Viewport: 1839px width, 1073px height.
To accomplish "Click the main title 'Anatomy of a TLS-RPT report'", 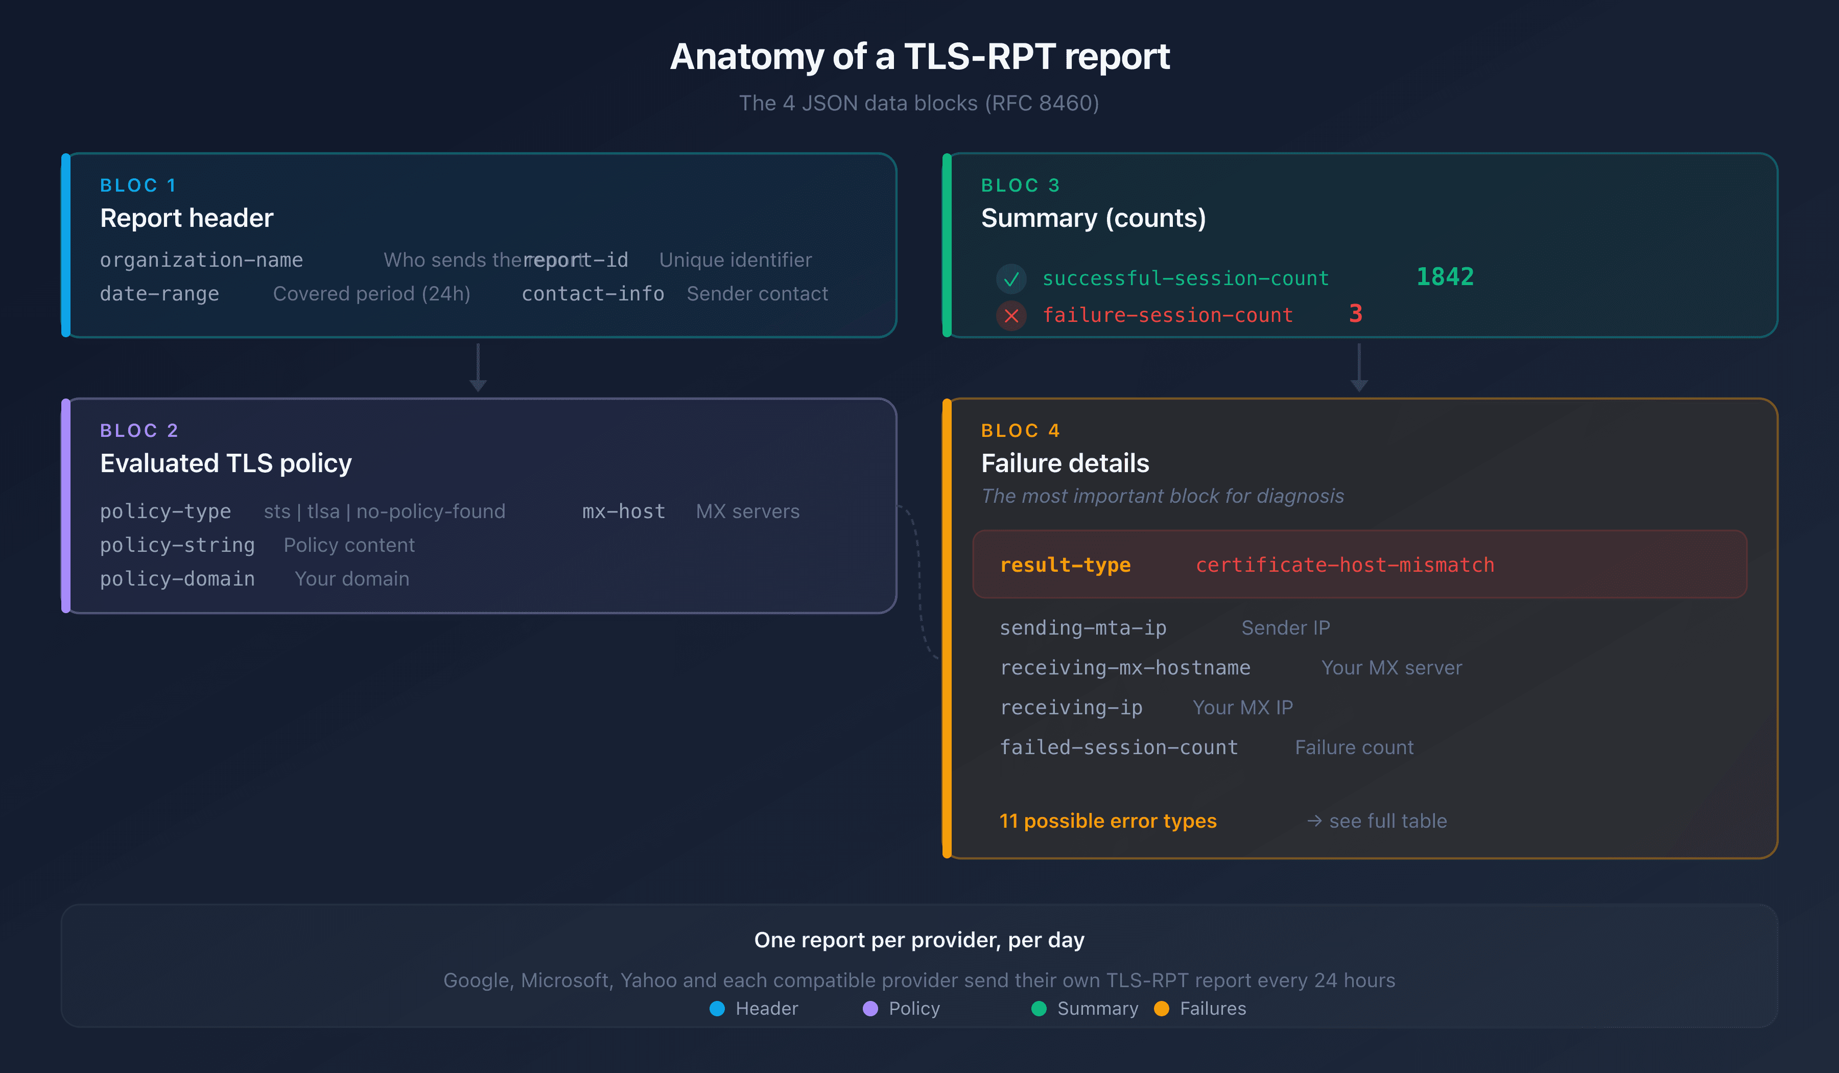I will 919,57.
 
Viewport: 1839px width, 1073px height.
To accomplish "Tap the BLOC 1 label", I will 138,185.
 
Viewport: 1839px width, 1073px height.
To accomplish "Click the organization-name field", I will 201,260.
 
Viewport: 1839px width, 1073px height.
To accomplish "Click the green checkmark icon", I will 1011,279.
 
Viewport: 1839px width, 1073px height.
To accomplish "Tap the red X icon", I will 1011,316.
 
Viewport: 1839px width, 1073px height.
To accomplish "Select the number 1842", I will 1445,277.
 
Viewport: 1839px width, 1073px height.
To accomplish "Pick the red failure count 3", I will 1356,314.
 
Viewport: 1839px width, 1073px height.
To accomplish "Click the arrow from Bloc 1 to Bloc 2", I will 478,368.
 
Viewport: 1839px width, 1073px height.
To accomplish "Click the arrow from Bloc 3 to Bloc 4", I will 1359,368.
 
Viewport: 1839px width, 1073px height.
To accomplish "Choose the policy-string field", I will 177,545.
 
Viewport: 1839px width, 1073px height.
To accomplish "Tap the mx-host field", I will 623,511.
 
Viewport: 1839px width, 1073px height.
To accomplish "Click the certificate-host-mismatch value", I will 1344,565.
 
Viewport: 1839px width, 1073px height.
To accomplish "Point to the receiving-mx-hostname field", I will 1124,668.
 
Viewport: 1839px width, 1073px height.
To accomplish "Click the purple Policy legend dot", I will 870,1009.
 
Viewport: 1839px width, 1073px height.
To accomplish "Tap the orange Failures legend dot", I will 1162,1009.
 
